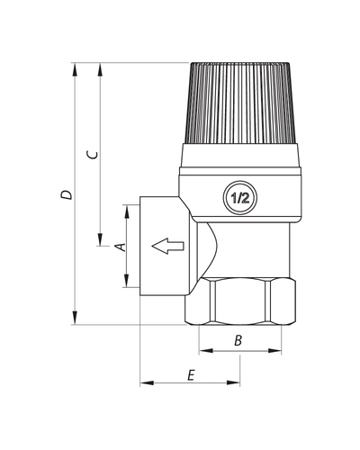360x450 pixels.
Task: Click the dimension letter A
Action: [121, 247]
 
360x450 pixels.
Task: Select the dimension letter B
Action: [238, 340]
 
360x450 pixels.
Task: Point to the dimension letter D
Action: [67, 194]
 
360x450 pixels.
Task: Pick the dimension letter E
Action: [191, 375]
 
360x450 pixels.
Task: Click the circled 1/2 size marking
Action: [240, 198]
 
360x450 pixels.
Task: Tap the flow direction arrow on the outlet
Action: [167, 246]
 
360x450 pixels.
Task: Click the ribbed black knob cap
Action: [240, 103]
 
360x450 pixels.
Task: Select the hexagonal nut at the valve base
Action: [240, 301]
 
